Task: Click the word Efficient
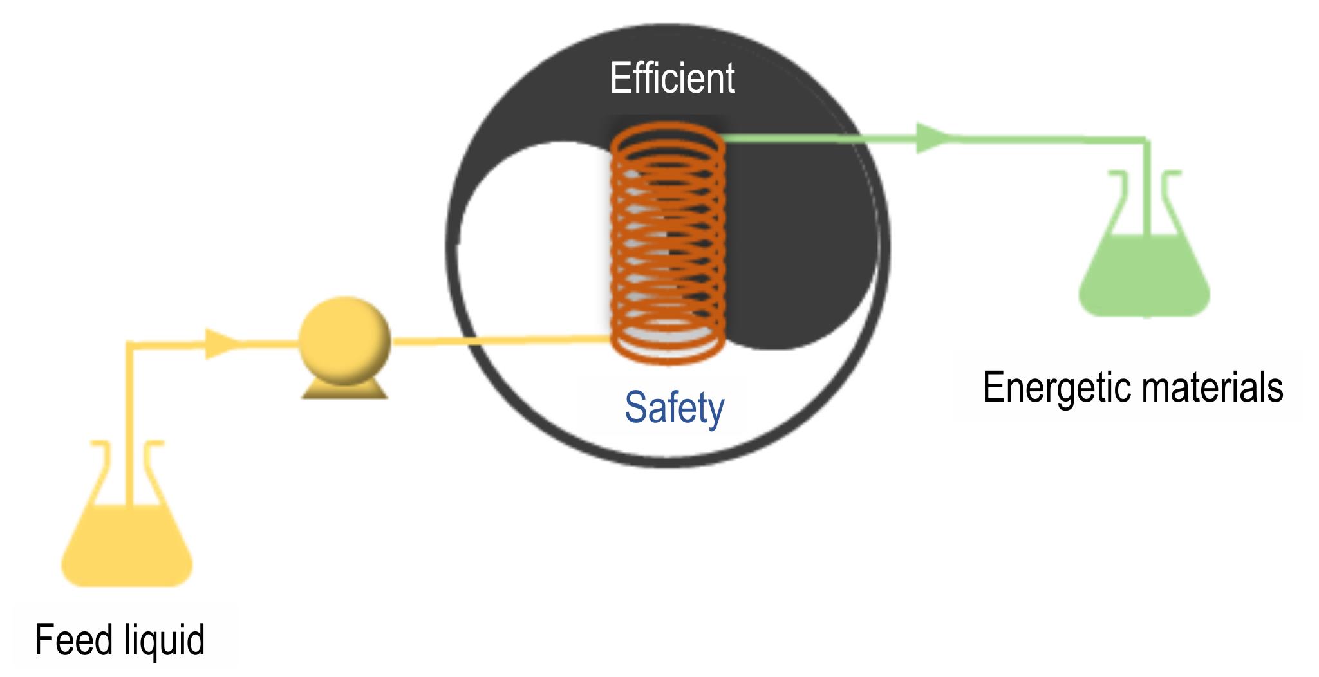point(672,78)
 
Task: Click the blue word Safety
point(674,408)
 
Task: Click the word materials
point(1209,387)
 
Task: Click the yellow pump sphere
point(344,340)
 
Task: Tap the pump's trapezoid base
point(344,389)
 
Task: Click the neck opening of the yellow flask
point(127,443)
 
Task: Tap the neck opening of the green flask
point(1145,173)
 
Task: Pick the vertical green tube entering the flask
point(1146,187)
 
